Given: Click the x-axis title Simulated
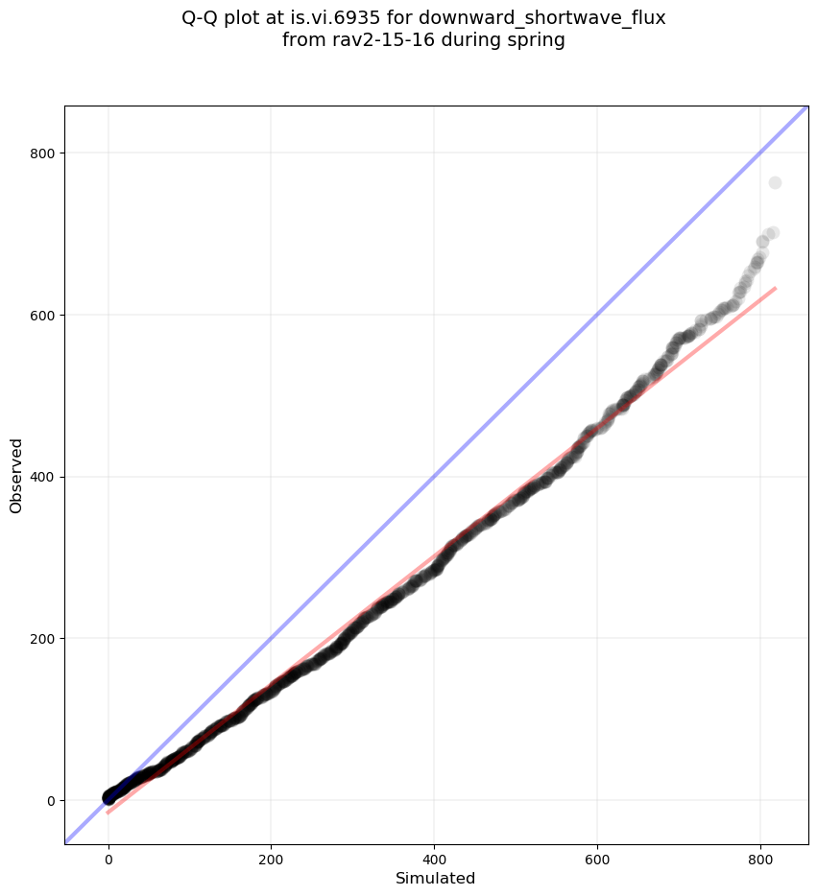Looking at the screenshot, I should coord(436,879).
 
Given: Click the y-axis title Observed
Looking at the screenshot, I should coord(16,475).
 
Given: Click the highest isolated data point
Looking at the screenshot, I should coord(775,183).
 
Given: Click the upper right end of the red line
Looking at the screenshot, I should coord(775,288).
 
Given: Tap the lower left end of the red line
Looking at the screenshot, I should coord(108,813).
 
